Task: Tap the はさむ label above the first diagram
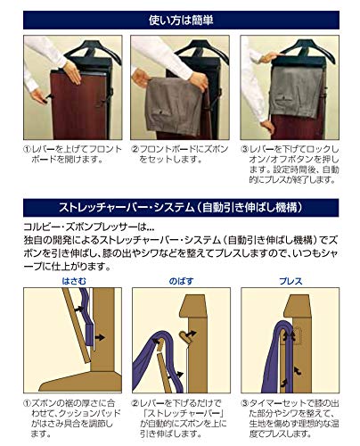click(74, 281)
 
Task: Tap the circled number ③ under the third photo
click(246, 149)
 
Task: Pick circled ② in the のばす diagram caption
click(138, 404)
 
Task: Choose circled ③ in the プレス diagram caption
click(247, 404)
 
